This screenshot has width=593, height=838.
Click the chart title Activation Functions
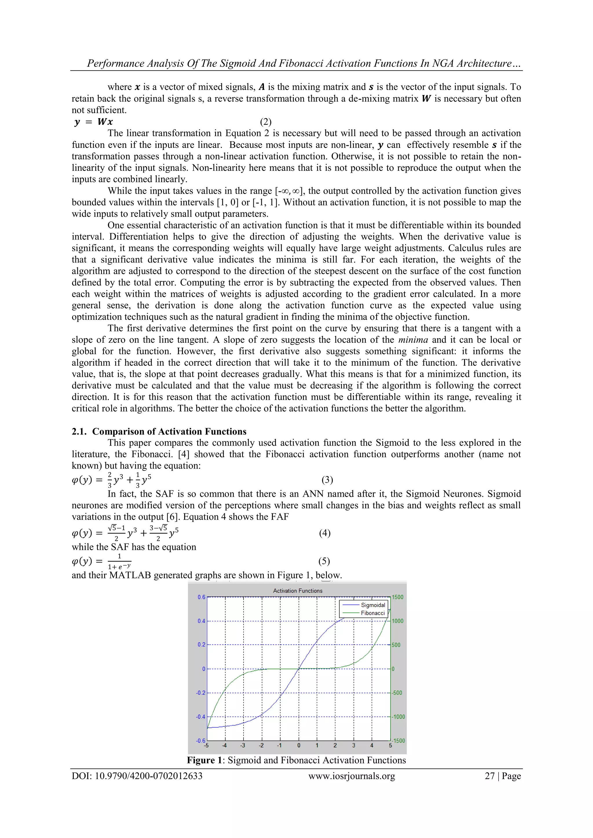pyautogui.click(x=298, y=591)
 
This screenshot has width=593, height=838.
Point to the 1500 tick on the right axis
pyautogui.click(x=398, y=597)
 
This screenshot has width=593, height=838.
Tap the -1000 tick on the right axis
pyautogui.click(x=398, y=717)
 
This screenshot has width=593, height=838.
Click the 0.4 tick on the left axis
pyautogui.click(x=201, y=621)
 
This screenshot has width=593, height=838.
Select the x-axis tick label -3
pyautogui.click(x=243, y=746)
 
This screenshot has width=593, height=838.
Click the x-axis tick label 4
pyautogui.click(x=372, y=746)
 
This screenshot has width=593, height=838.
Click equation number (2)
pyautogui.click(x=266, y=122)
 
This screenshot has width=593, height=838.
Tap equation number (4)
pyautogui.click(x=325, y=533)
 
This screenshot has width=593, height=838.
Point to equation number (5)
pyautogui.click(x=324, y=561)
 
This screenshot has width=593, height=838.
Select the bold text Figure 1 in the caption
pyautogui.click(x=204, y=760)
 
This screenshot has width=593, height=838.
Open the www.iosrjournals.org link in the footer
pyautogui.click(x=351, y=776)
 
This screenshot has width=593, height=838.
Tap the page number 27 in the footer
pyautogui.click(x=489, y=776)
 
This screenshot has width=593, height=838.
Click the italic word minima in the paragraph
pyautogui.click(x=413, y=340)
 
